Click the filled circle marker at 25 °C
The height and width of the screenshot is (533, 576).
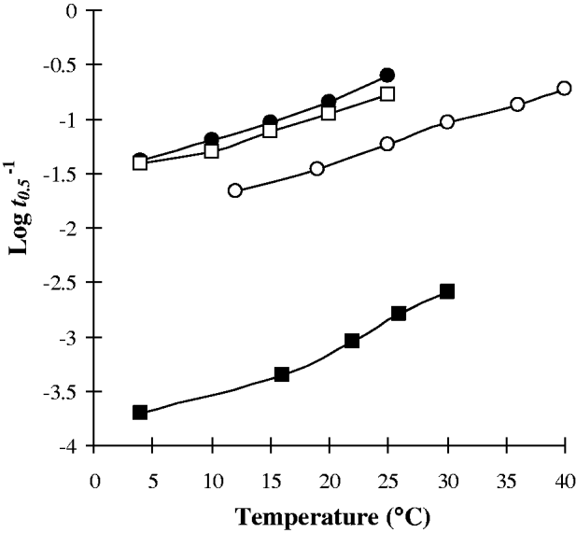point(387,75)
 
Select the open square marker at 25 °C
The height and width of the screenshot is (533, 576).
point(387,93)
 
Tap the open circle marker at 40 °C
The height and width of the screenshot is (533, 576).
point(564,88)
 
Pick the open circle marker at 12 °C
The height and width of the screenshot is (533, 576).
point(235,190)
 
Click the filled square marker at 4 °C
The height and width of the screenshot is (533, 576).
point(140,412)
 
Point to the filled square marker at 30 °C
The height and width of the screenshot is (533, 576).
point(447,291)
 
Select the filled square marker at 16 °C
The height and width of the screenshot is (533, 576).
point(282,374)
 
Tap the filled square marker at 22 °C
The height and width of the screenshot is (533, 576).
point(352,341)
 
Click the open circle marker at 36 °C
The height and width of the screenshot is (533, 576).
point(517,105)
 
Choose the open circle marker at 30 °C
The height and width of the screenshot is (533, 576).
point(447,121)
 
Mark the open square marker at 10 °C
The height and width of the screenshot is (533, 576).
point(211,150)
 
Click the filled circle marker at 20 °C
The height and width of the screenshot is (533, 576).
point(329,102)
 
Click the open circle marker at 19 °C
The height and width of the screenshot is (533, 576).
point(317,168)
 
